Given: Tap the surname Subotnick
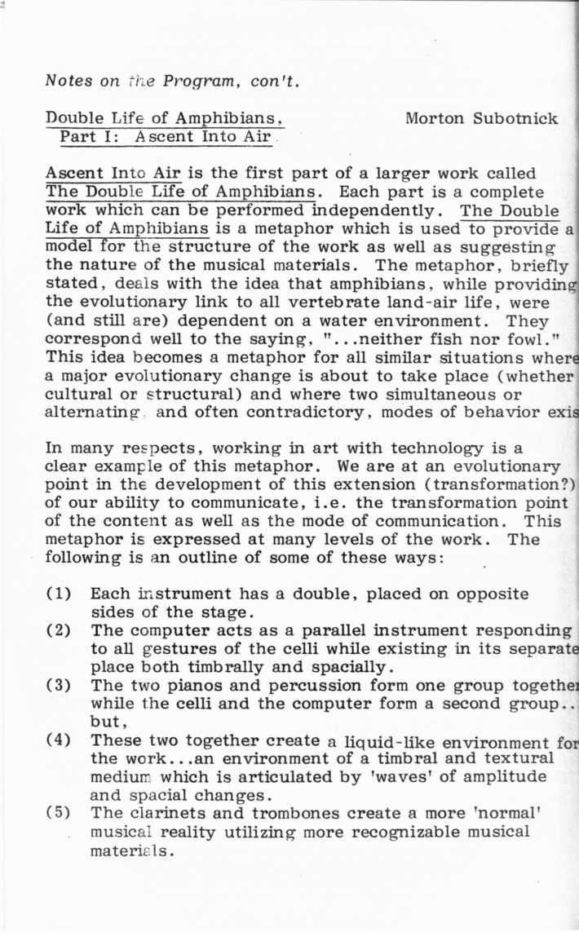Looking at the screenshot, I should coord(515,118).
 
